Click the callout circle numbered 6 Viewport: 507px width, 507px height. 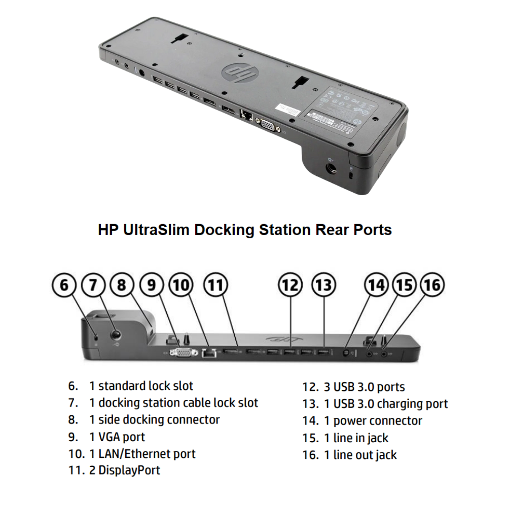click(64, 285)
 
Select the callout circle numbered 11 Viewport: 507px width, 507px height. click(216, 285)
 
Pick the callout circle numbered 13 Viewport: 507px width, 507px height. click(323, 285)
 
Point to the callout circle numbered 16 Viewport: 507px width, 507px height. click(432, 285)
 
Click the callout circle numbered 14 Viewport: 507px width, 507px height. click(376, 285)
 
